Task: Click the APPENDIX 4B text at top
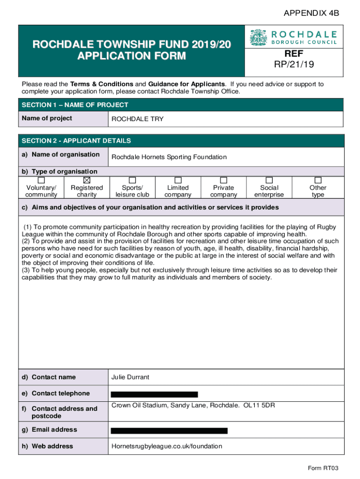point(311,14)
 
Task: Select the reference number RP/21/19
point(294,64)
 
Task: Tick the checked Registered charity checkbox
point(86,180)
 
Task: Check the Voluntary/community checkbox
point(41,180)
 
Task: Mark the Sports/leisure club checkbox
point(132,180)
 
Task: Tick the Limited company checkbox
point(178,180)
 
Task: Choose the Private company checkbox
point(223,180)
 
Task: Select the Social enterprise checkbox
point(269,180)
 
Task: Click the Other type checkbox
point(318,180)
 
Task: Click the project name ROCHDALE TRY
point(137,119)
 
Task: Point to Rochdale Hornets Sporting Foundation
point(169,157)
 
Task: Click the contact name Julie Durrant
point(130,377)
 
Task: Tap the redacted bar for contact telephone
point(154,394)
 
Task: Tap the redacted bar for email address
point(169,430)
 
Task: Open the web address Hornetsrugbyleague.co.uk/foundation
point(167,446)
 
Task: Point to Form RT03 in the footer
point(323,468)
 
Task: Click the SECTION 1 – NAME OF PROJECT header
point(75,105)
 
